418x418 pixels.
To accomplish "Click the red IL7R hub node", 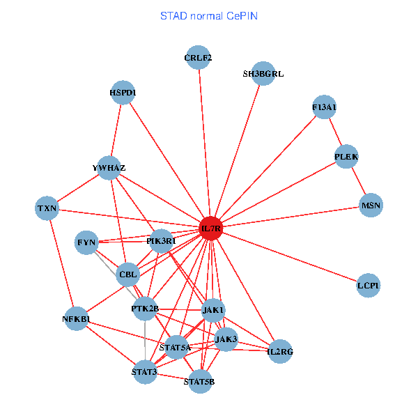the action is point(210,229).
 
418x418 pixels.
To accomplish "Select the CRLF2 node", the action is point(199,58).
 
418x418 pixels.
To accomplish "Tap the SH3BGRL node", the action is point(263,73).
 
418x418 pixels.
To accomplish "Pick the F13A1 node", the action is point(324,107).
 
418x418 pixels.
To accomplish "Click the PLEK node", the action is point(346,157).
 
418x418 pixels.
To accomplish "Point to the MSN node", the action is point(371,205).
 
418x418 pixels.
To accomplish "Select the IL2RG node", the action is point(280,351).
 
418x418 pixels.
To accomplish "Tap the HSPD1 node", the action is point(123,92).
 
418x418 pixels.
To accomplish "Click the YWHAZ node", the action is point(109,168).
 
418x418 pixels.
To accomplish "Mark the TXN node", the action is point(47,208).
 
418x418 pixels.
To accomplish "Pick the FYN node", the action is point(87,242).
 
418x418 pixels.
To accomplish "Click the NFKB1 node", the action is point(76,319).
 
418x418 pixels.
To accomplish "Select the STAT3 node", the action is point(144,372).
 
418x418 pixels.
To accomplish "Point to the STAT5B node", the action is point(200,381).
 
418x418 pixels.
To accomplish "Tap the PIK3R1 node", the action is point(161,241).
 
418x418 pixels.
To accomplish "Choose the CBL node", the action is point(128,274).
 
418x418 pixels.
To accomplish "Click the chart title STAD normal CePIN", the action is point(209,16).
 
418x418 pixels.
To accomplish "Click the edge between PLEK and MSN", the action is point(359,181).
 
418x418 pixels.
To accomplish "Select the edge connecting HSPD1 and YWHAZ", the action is point(116,130).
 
